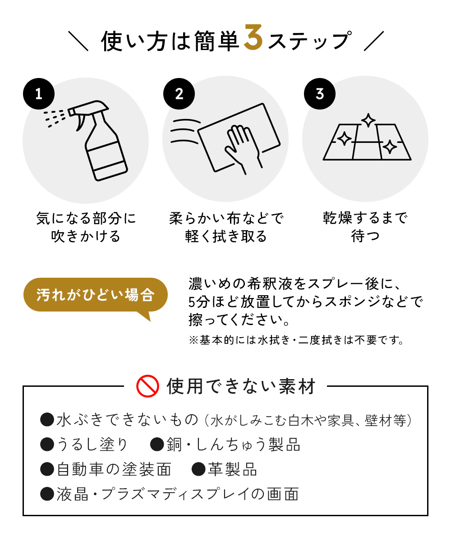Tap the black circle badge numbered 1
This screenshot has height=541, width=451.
pos(39,94)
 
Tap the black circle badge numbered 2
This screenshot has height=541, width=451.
pos(179,94)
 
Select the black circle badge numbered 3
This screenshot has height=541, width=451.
pos(320,94)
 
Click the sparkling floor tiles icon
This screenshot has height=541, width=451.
pos(367,140)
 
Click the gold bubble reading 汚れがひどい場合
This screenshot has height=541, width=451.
pos(95,295)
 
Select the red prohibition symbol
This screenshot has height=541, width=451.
pos(147,386)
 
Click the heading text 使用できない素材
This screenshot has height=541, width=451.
pos(241,386)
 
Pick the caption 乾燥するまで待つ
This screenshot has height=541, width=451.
pos(365,227)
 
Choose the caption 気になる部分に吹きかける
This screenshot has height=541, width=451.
pos(86,227)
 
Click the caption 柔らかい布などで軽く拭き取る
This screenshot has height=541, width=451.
pos(226,227)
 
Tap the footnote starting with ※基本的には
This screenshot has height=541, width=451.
pos(295,340)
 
